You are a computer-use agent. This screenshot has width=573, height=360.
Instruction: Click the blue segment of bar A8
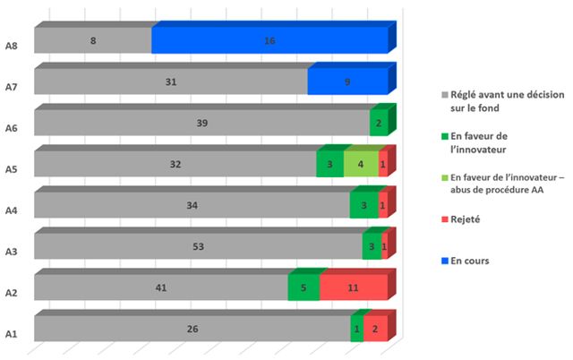pyautogui.click(x=269, y=41)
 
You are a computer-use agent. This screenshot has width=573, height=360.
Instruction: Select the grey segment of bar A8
pyautogui.click(x=93, y=41)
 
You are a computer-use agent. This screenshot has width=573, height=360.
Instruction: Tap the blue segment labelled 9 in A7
pyautogui.click(x=347, y=81)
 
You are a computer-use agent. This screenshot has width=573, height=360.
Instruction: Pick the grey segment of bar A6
pyautogui.click(x=201, y=123)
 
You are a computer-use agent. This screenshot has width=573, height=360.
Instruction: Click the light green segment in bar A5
pyautogui.click(x=361, y=165)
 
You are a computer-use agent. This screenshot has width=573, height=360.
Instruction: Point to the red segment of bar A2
pyautogui.click(x=353, y=288)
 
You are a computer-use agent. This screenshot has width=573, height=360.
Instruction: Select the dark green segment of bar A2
pyautogui.click(x=304, y=288)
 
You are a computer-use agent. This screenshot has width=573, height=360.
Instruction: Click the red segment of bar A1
pyautogui.click(x=375, y=329)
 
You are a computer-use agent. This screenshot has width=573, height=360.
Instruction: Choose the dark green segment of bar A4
pyautogui.click(x=364, y=206)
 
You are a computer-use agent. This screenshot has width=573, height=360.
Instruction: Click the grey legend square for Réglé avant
pyautogui.click(x=445, y=93)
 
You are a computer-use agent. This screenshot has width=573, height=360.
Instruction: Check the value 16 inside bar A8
pyautogui.click(x=269, y=41)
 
